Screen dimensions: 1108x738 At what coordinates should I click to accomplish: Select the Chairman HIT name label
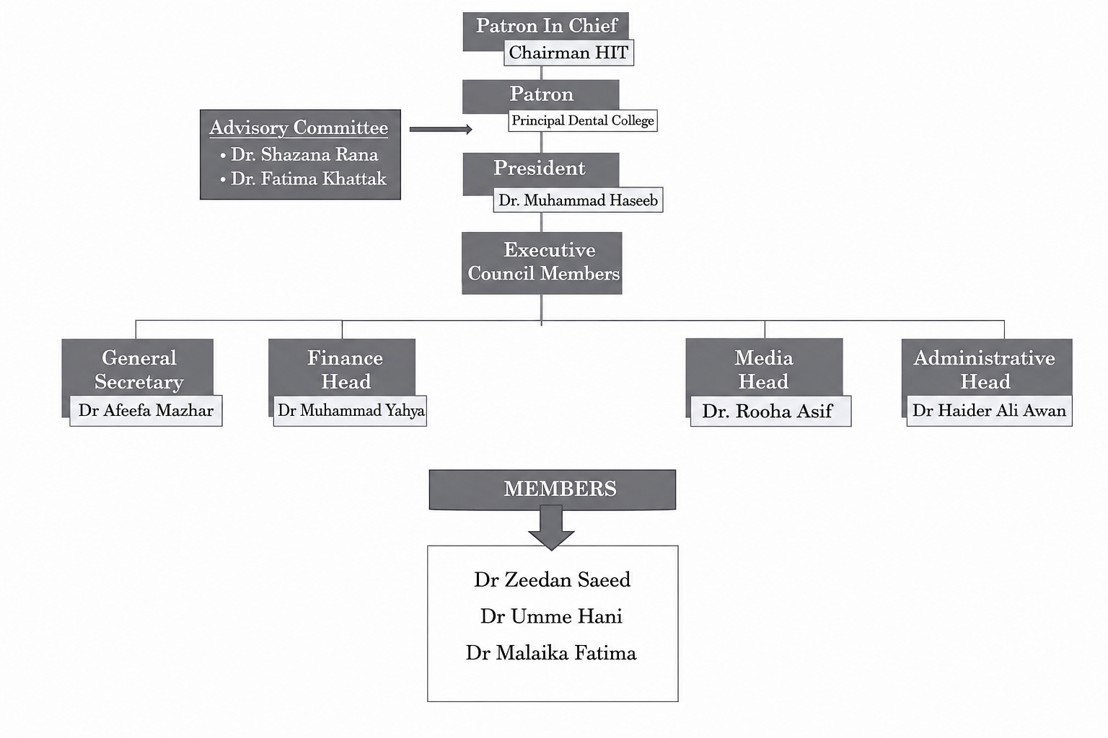(x=569, y=53)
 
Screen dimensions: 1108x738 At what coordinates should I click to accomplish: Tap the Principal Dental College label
(x=583, y=120)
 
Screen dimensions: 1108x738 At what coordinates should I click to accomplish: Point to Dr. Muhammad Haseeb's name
(x=578, y=200)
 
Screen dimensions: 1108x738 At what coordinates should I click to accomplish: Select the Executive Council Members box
(x=542, y=263)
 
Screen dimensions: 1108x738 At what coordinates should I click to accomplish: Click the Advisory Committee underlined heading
(x=299, y=128)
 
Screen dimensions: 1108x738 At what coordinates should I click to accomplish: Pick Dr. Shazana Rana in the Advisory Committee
(x=300, y=155)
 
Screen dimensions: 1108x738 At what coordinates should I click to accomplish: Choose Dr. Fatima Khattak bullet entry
(x=303, y=179)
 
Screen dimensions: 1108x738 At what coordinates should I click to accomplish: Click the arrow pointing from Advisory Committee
(x=441, y=129)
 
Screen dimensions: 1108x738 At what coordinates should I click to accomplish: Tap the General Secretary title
(x=138, y=370)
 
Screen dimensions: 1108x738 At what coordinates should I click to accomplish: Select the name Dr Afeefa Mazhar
(x=146, y=410)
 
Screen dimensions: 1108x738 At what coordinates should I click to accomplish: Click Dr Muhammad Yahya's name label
(x=350, y=410)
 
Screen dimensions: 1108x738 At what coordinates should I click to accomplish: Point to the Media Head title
(x=764, y=370)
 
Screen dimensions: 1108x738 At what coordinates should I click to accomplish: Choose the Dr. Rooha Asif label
(x=770, y=411)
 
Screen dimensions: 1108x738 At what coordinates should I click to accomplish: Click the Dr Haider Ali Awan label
(x=989, y=410)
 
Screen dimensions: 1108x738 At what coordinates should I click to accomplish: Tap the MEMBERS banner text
(x=560, y=489)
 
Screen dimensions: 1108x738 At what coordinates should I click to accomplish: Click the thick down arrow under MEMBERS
(x=551, y=527)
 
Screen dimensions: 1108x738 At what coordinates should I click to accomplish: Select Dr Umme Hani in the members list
(x=552, y=616)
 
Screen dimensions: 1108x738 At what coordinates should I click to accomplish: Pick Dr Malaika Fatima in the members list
(x=551, y=653)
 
